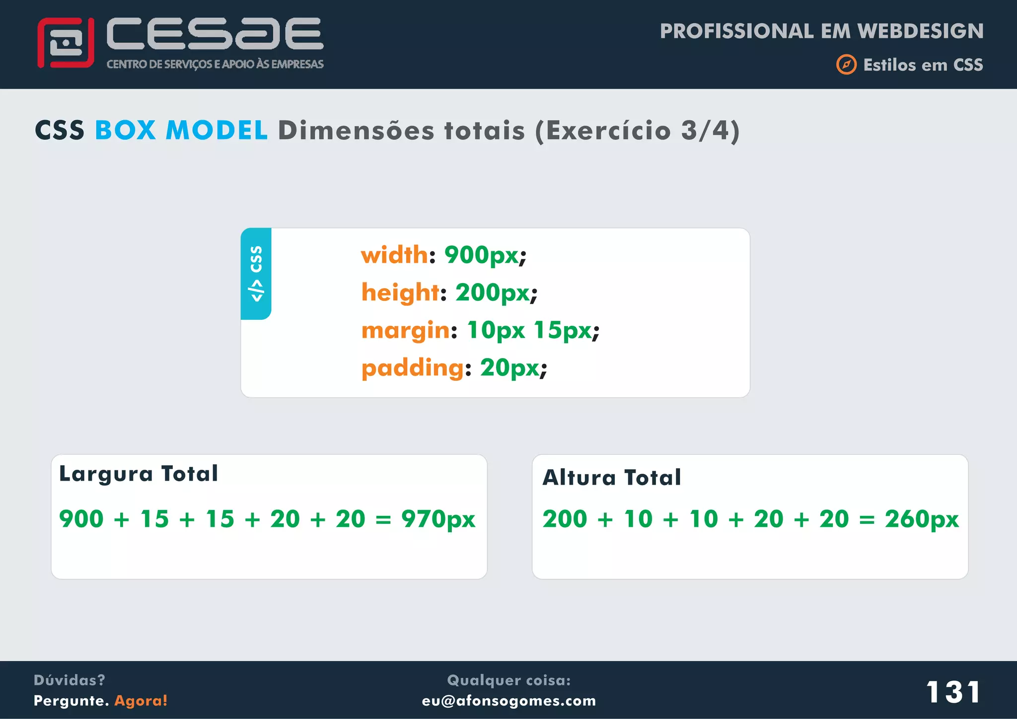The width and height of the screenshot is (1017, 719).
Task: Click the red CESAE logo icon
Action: click(x=66, y=43)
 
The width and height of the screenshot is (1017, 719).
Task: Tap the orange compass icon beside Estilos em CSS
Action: click(x=846, y=65)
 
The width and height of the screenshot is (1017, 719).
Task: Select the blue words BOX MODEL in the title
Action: click(x=181, y=131)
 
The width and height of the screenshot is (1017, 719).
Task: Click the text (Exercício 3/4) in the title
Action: click(x=637, y=131)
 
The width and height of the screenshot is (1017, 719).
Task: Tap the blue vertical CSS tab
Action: click(x=256, y=274)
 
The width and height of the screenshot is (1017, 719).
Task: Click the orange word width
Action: click(x=394, y=255)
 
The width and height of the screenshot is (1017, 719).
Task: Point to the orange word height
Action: click(x=400, y=292)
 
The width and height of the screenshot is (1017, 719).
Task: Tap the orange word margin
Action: click(x=405, y=330)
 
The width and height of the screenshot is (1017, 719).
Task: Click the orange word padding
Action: click(x=412, y=368)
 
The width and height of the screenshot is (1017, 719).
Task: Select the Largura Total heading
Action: click(x=139, y=474)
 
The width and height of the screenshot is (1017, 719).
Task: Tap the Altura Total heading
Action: click(x=612, y=478)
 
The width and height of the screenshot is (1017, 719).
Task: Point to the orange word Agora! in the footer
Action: click(x=141, y=701)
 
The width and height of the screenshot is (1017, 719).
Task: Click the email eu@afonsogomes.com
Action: click(x=509, y=701)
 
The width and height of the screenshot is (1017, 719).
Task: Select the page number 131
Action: click(x=953, y=692)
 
